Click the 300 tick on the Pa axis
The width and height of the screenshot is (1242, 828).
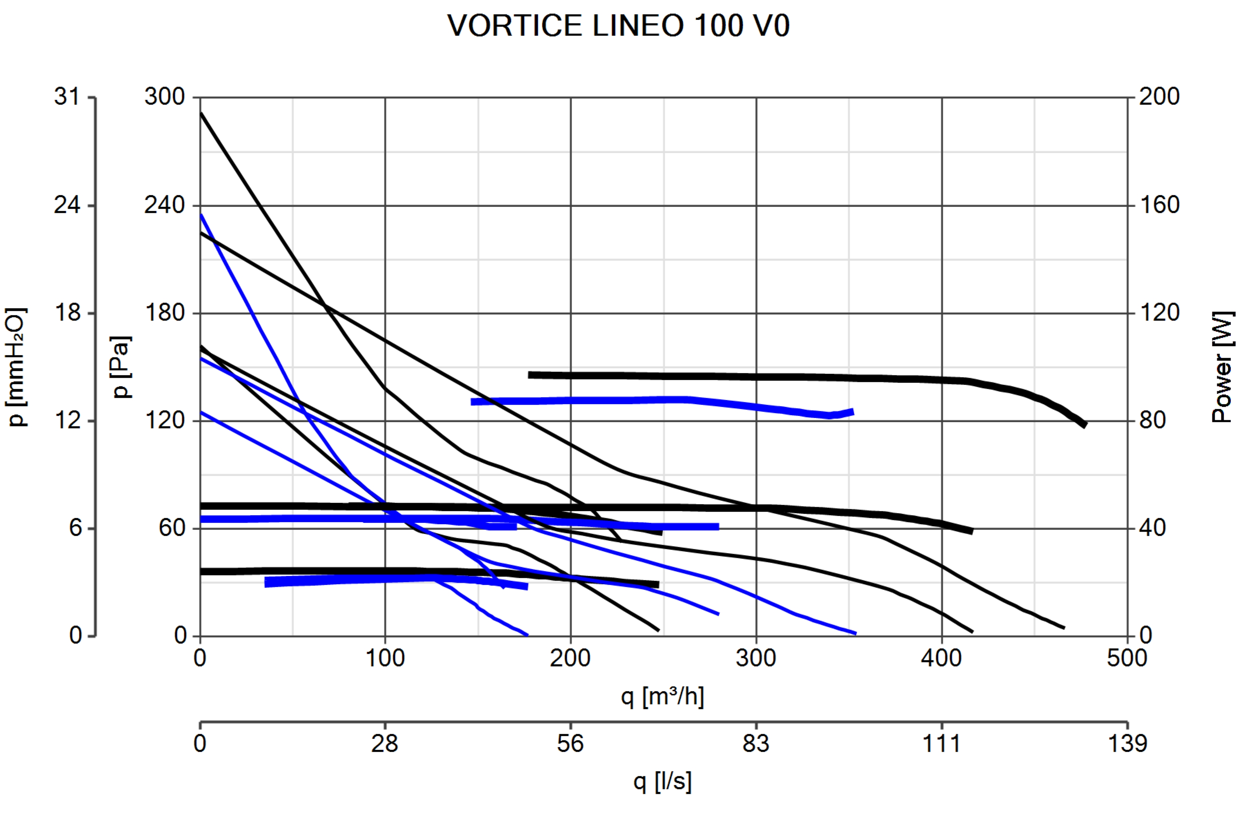[x=165, y=97]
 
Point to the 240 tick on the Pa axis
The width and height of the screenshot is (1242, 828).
[x=165, y=205]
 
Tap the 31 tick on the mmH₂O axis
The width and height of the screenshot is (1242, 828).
[x=67, y=97]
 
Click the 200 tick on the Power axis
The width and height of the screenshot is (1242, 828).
[x=1159, y=97]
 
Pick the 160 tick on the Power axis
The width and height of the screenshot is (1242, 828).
[x=1159, y=205]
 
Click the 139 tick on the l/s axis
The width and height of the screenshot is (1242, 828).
[x=1127, y=743]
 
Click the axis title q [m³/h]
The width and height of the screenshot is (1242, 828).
[x=662, y=697]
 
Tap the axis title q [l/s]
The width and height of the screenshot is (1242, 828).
[x=662, y=781]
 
